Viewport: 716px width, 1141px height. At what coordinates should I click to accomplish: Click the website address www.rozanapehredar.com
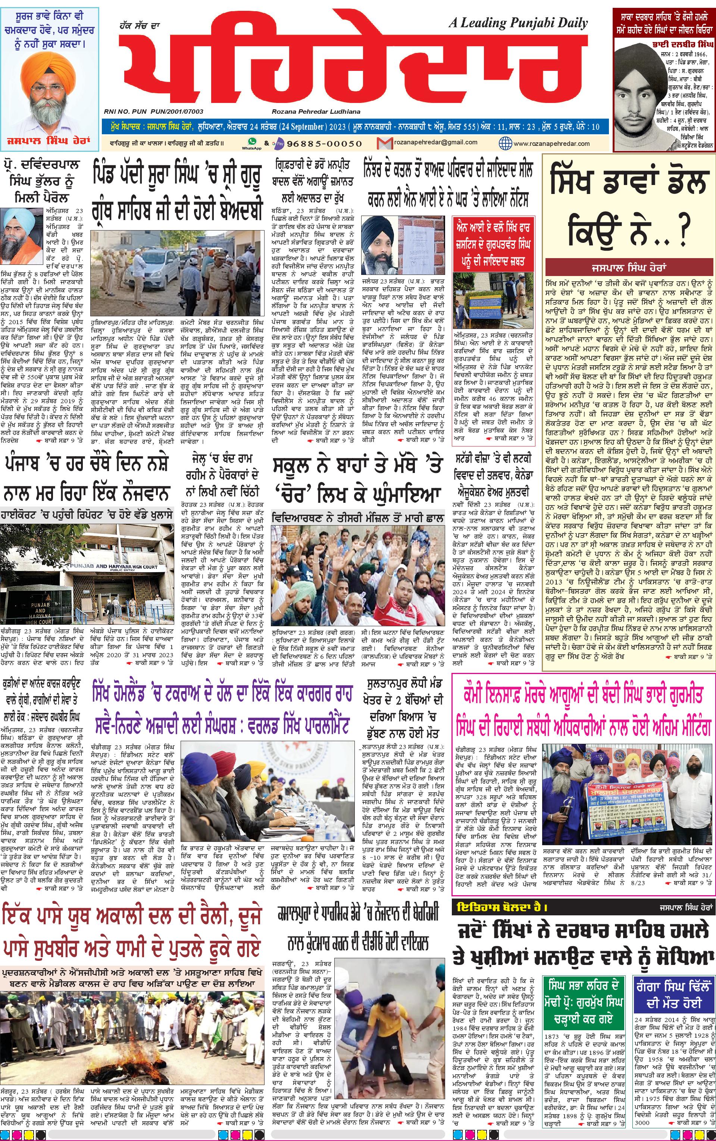(x=551, y=143)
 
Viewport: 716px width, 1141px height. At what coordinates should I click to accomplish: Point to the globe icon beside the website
(x=506, y=143)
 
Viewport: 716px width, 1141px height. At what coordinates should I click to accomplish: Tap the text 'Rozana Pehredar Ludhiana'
(x=316, y=112)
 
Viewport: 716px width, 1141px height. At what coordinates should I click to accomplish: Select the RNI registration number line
(x=153, y=112)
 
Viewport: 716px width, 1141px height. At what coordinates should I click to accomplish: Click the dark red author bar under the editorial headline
(x=629, y=267)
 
